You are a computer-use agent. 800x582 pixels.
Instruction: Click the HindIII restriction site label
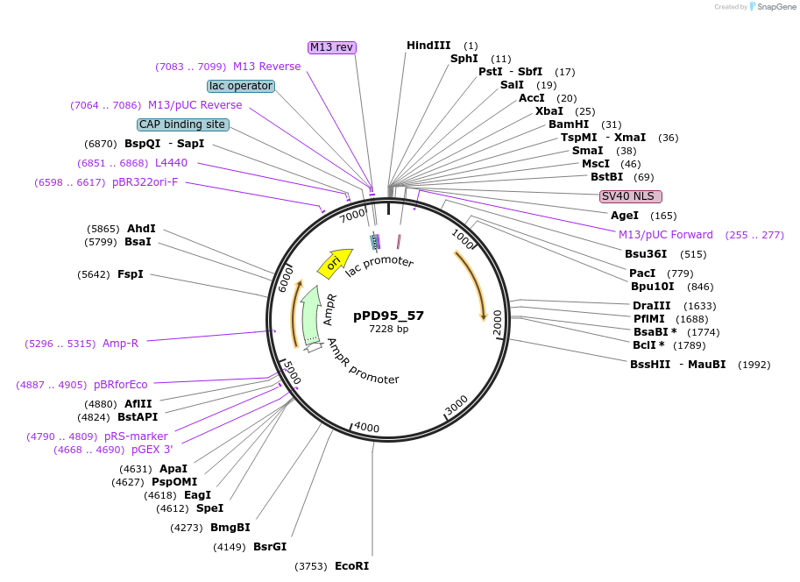click(x=428, y=46)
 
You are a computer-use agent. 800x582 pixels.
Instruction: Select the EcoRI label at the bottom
click(x=351, y=566)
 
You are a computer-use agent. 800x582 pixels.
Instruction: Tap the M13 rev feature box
click(x=332, y=47)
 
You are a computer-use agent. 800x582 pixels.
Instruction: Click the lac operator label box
click(x=241, y=86)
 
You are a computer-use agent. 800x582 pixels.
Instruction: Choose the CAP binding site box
click(x=183, y=124)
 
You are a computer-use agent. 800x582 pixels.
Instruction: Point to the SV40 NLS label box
click(x=630, y=196)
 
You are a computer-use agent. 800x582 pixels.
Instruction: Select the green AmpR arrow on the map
click(x=309, y=316)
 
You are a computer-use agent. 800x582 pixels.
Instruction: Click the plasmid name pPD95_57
click(x=388, y=316)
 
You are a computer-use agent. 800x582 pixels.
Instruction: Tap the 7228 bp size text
click(x=388, y=330)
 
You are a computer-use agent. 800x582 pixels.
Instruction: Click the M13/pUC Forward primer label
click(x=666, y=235)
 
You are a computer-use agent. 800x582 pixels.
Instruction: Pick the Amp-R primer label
click(x=120, y=344)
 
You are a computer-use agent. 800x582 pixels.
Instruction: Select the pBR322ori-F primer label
click(x=145, y=182)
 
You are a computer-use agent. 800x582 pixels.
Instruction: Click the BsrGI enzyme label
click(x=270, y=547)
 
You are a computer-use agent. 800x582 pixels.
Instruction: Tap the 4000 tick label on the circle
click(x=366, y=429)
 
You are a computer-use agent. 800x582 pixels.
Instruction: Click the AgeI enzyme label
click(x=625, y=216)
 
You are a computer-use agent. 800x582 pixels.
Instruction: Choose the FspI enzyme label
click(x=131, y=274)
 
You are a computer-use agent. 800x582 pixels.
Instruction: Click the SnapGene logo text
click(x=774, y=7)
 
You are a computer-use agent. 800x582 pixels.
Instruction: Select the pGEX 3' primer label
click(x=152, y=450)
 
